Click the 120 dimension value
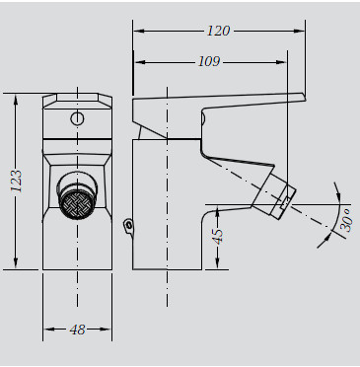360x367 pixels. coord(218,31)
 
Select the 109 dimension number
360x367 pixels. coord(209,61)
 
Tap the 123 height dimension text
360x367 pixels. coord(16,181)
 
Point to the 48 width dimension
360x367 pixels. coord(77,330)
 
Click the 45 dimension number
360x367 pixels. coord(217,236)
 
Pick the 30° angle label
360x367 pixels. coord(346,220)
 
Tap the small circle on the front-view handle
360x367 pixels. coord(77,118)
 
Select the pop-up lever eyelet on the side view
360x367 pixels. coord(129,225)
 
